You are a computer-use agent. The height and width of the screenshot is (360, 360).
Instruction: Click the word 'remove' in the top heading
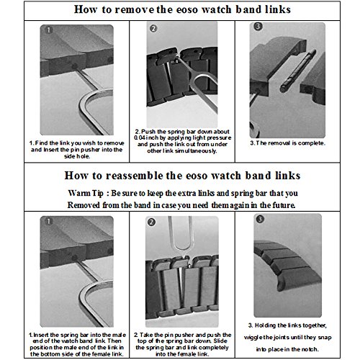tap(135, 9)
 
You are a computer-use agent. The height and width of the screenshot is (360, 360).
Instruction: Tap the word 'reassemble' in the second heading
tap(134, 176)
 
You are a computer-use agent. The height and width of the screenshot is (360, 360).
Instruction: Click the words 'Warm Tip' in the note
tap(86, 194)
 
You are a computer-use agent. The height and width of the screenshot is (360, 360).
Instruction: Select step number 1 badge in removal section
tap(49, 30)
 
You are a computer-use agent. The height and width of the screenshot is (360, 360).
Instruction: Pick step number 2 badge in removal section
tap(153, 29)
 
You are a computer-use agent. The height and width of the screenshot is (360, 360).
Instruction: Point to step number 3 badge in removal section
tap(258, 27)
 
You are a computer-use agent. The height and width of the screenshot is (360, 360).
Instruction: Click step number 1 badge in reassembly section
tap(49, 221)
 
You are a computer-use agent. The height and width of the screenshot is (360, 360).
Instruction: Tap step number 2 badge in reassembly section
tap(151, 222)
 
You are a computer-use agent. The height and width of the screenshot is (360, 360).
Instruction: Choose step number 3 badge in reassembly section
tap(260, 219)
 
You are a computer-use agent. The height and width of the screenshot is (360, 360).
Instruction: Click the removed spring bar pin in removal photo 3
tap(298, 71)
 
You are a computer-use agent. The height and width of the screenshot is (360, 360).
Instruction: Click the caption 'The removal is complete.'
tap(287, 143)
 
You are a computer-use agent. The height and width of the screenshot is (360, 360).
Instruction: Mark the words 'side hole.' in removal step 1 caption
tap(77, 156)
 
